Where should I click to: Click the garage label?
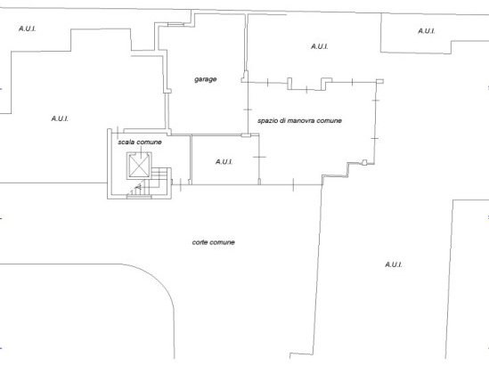(x=206, y=79)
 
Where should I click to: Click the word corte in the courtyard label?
(x=200, y=242)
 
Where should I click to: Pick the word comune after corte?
(x=222, y=242)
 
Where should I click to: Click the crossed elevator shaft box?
(x=139, y=166)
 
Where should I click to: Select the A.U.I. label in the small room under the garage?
(x=224, y=162)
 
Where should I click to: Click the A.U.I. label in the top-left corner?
(x=27, y=28)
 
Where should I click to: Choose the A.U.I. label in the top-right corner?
(x=427, y=31)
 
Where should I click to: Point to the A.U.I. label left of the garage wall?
(x=60, y=118)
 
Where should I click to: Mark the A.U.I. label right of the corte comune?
(x=394, y=264)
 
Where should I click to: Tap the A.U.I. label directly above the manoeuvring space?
(x=320, y=46)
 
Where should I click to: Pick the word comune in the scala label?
(x=149, y=142)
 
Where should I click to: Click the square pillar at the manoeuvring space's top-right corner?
(x=379, y=82)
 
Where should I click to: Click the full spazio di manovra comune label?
(x=299, y=121)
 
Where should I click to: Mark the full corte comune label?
(x=214, y=242)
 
